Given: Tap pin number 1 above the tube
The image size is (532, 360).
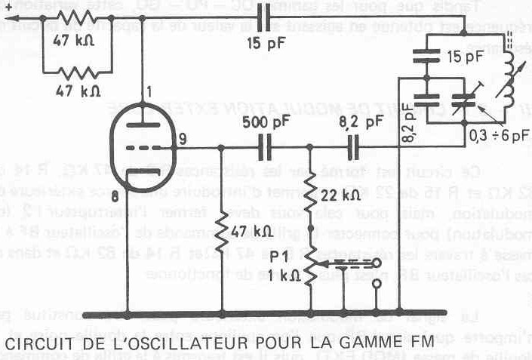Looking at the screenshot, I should click(149, 93).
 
